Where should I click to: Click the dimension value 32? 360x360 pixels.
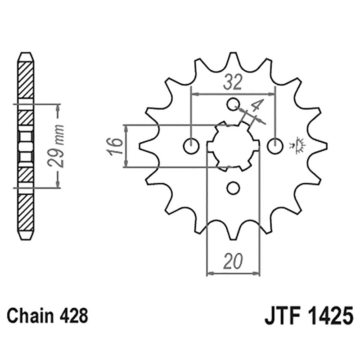click(x=233, y=82)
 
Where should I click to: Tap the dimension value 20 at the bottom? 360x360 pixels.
click(x=233, y=261)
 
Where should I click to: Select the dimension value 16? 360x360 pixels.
click(x=116, y=147)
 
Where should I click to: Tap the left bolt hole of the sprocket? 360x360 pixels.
click(x=192, y=146)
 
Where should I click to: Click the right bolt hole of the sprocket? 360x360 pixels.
click(x=275, y=146)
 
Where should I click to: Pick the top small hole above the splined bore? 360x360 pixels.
click(x=233, y=104)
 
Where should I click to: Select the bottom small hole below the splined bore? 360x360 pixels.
click(x=233, y=188)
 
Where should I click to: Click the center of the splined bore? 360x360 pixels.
click(x=233, y=146)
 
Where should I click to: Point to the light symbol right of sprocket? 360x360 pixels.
click(x=298, y=145)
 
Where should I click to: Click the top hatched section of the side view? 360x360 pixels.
click(x=25, y=79)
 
